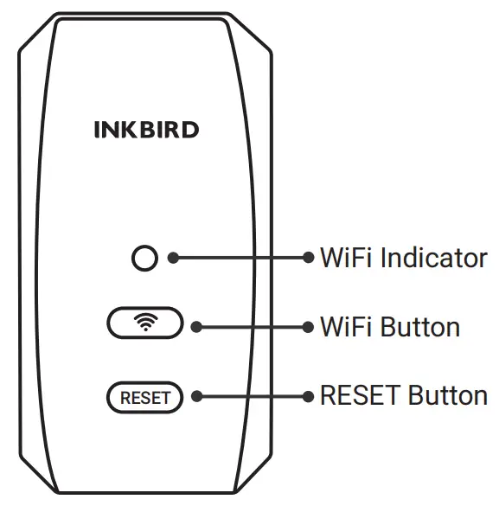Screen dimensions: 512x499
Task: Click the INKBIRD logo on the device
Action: click(x=146, y=131)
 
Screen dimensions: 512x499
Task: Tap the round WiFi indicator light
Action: click(x=144, y=258)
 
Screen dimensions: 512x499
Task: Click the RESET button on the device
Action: click(x=144, y=398)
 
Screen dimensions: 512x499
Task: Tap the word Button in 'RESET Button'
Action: click(x=448, y=396)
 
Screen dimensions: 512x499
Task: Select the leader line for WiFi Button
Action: click(x=251, y=327)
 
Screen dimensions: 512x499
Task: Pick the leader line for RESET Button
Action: click(x=251, y=396)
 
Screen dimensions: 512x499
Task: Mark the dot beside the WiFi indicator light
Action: click(x=173, y=258)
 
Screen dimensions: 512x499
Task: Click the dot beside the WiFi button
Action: click(x=195, y=327)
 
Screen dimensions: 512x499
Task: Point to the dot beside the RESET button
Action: click(x=195, y=396)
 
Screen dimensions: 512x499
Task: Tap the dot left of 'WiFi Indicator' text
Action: click(x=309, y=258)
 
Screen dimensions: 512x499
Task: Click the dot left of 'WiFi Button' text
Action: click(x=309, y=327)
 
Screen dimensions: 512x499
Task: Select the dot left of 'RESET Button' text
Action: click(x=309, y=396)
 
